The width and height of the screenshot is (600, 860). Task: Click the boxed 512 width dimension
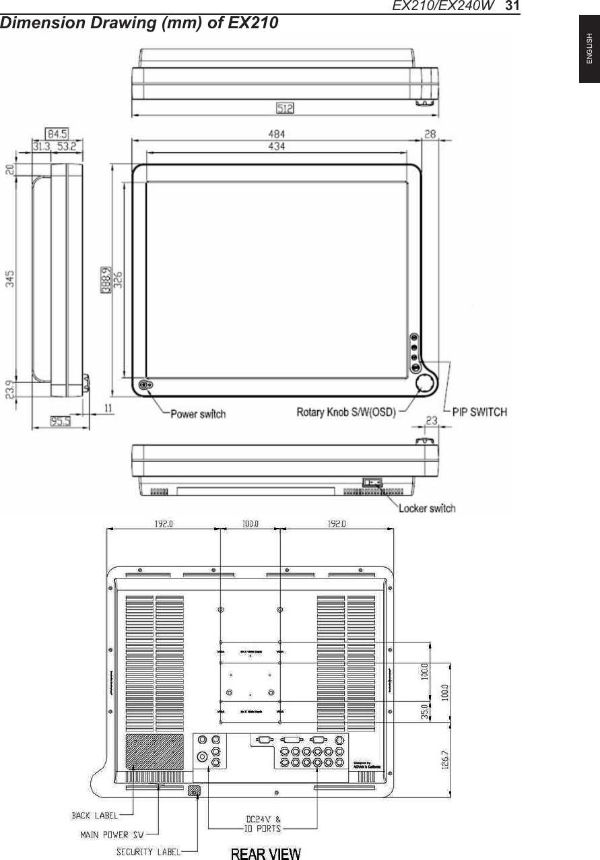pos(285,107)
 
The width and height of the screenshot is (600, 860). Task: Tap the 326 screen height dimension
pos(117,275)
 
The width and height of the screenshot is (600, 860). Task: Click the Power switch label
pos(198,414)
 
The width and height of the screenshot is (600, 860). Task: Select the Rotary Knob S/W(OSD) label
pos(346,411)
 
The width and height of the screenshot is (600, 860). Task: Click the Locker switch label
pos(428,508)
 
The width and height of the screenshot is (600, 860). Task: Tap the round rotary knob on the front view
pos(426,384)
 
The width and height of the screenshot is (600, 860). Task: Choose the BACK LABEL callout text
pos(95,816)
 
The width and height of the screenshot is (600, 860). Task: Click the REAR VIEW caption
pos(266,854)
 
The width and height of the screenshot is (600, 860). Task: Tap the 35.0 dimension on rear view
pos(425,711)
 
